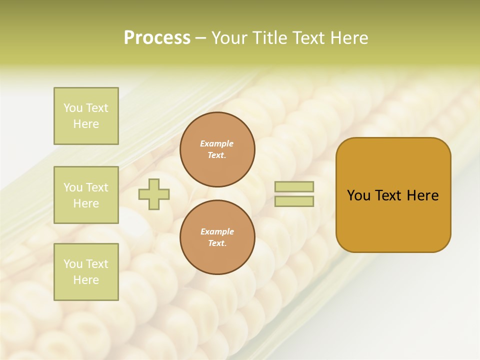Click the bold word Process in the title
click(x=157, y=38)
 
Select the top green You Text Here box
click(x=86, y=116)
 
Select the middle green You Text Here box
click(x=86, y=195)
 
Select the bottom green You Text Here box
click(x=86, y=272)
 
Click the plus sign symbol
click(x=154, y=194)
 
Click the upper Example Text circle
click(x=217, y=149)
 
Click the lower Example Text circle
click(x=217, y=237)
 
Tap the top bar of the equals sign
click(x=294, y=186)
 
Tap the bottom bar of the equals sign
click(x=294, y=201)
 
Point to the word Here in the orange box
click(x=422, y=195)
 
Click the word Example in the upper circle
click(x=217, y=143)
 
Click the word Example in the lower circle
click(x=217, y=231)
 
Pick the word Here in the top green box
click(x=86, y=124)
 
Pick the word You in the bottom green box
click(x=73, y=264)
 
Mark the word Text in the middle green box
click(x=97, y=187)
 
